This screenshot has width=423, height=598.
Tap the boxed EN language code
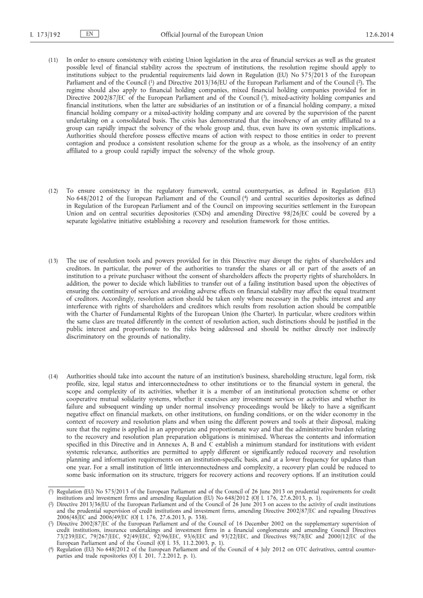(x=90, y=34)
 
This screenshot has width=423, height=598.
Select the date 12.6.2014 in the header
(x=380, y=34)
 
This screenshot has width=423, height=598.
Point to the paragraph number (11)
(x=52, y=59)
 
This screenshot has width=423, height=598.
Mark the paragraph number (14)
(x=52, y=359)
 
